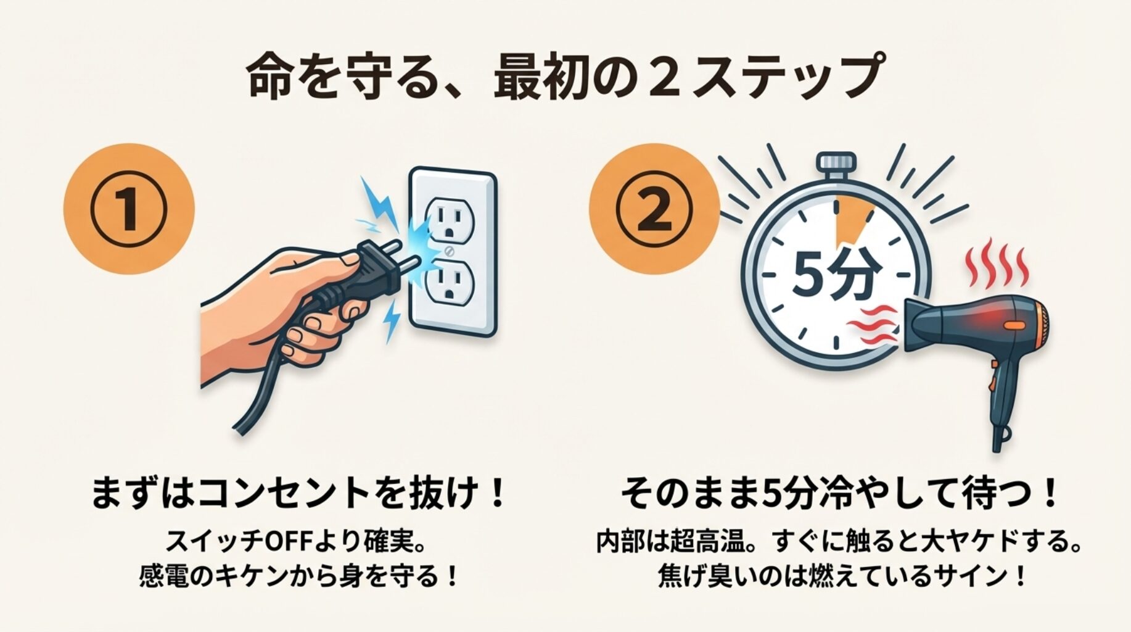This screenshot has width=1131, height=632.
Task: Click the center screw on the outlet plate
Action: (450, 251)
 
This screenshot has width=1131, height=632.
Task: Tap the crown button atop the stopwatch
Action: (836, 164)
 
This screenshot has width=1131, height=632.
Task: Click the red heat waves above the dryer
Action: (996, 265)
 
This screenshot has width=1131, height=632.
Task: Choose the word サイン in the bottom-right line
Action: (966, 576)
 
